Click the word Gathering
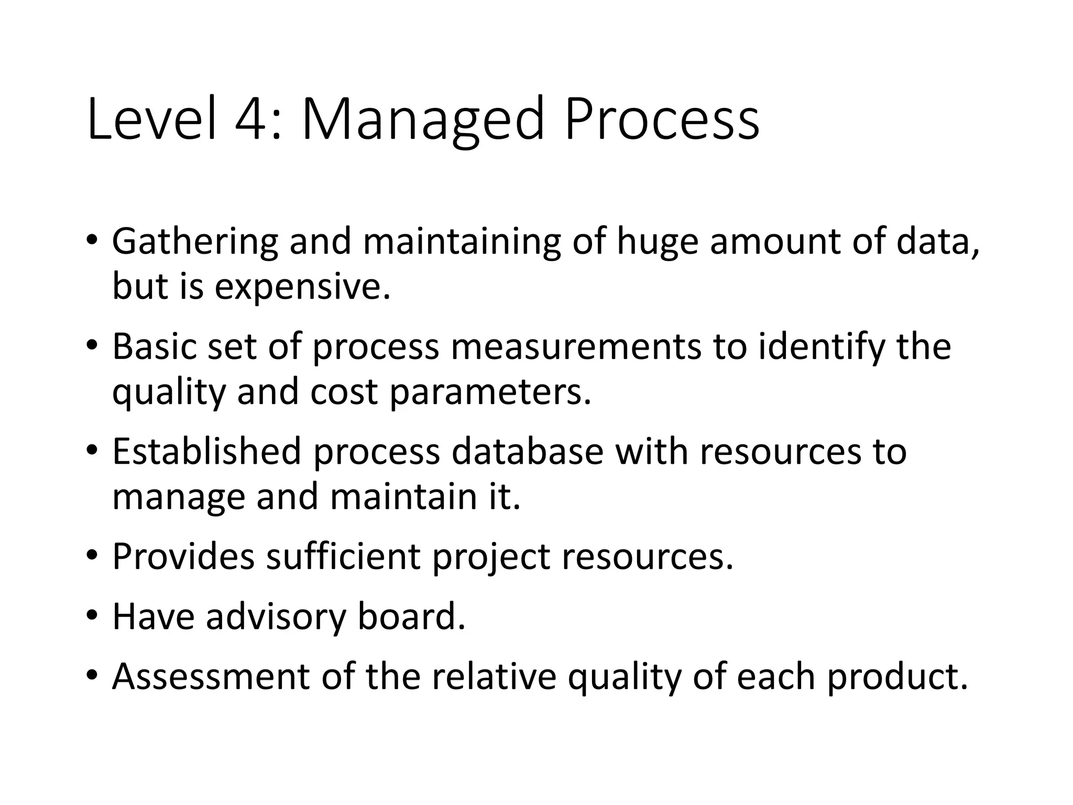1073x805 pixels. click(194, 242)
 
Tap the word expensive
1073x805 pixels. click(302, 288)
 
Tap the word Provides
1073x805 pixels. click(183, 556)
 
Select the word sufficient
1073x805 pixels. click(343, 556)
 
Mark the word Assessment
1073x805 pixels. click(211, 677)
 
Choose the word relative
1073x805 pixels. click(494, 677)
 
